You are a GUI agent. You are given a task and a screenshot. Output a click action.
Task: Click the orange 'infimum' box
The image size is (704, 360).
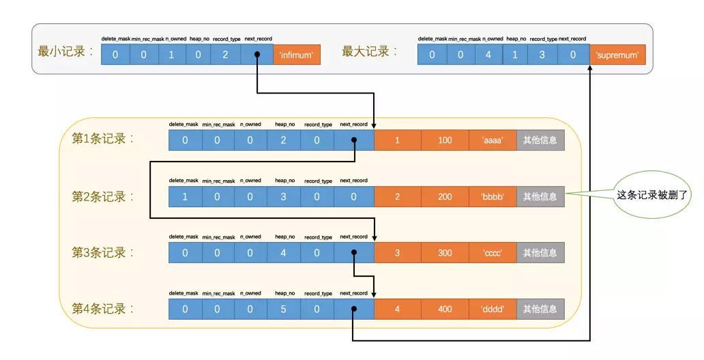pos(296,55)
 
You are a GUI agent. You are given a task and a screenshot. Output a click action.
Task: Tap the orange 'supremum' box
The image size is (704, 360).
pos(617,55)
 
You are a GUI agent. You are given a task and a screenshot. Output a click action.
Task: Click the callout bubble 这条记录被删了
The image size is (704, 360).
pos(651,194)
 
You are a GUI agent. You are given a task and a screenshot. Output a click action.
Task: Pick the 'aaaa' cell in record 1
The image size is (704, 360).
pos(493,140)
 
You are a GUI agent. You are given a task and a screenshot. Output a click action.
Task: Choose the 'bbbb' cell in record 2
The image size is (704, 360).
pos(493,196)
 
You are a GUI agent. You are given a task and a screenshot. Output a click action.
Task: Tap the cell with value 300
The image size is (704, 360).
pos(445,253)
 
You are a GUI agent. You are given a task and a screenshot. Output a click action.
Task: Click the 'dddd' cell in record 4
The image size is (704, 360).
pos(493,310)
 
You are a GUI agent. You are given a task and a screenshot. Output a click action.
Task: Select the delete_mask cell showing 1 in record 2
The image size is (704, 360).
pos(185,196)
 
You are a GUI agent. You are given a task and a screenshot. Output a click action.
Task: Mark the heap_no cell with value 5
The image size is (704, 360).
pos(283,310)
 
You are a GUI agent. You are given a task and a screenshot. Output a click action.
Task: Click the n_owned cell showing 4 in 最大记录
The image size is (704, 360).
pos(488,55)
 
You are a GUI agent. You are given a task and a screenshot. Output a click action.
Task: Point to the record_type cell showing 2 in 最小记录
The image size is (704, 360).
pos(225,55)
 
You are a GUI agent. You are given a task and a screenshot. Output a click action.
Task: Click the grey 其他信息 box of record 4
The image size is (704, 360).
pos(540,310)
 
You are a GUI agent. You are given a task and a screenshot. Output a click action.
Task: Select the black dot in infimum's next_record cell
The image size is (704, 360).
pos(257,55)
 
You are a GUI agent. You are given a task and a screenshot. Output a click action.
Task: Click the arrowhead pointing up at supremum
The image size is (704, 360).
pos(590,67)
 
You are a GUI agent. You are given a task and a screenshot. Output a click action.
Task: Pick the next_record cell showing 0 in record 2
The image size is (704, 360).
pos(354,196)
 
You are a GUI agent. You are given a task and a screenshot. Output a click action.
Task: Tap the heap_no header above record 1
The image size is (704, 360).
pos(284,124)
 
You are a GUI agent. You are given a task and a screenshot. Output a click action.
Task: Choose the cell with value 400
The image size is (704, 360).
pos(445,310)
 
